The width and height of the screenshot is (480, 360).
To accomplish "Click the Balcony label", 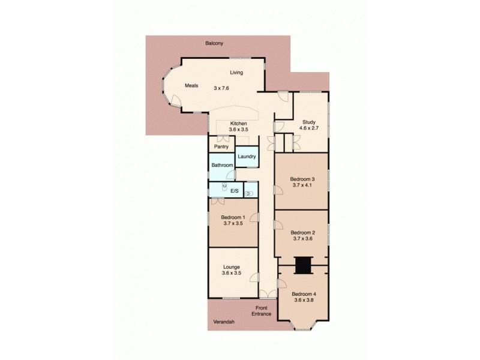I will click(x=214, y=44).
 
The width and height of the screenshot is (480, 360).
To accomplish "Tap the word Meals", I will click(x=191, y=86).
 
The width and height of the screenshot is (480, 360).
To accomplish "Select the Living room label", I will click(x=236, y=73).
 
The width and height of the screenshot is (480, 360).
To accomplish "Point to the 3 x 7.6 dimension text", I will click(x=221, y=88).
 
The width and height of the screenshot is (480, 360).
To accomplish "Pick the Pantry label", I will click(x=221, y=146).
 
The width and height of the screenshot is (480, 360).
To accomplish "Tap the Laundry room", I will click(x=247, y=157).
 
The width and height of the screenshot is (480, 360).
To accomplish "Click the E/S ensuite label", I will click(x=234, y=191).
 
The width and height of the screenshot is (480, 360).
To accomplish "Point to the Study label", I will click(x=309, y=121).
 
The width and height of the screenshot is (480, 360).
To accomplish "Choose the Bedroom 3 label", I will click(x=302, y=179).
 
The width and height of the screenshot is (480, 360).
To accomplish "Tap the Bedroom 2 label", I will click(x=302, y=232).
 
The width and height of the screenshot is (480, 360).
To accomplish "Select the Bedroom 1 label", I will click(x=233, y=217).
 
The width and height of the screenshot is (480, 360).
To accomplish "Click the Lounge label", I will click(x=232, y=267).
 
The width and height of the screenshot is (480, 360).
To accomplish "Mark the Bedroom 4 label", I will click(x=304, y=294).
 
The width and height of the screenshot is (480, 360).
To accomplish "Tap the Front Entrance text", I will click(x=262, y=311).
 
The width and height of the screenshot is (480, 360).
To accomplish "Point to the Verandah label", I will click(x=223, y=322).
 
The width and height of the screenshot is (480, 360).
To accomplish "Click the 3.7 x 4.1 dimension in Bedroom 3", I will click(x=302, y=185).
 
